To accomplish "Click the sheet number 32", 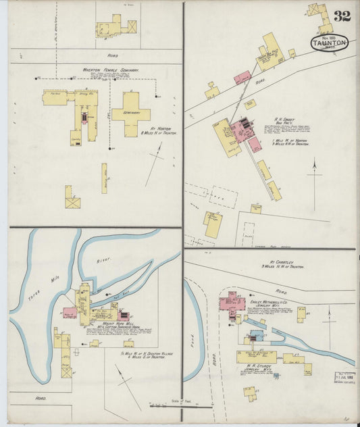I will pyautogui.click(x=341, y=16).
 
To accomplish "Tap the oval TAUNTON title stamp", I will pyautogui.click(x=330, y=43).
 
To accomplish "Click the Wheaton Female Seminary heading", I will pyautogui.click(x=110, y=70).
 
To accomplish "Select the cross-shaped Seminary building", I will pyautogui.click(x=131, y=112).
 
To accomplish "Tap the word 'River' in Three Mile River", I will pyautogui.click(x=103, y=259).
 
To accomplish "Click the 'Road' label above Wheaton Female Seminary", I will pyautogui.click(x=113, y=55).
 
